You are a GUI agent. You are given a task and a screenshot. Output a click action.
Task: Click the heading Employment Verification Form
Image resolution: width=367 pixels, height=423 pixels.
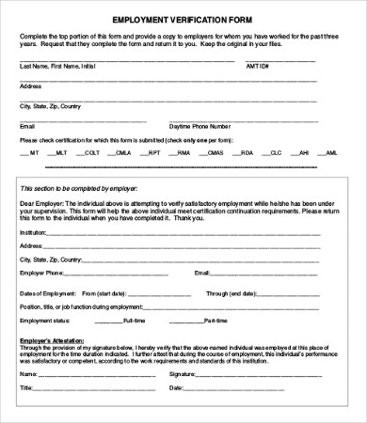point(183,19)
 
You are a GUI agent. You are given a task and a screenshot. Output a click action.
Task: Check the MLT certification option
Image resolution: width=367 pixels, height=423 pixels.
point(61,152)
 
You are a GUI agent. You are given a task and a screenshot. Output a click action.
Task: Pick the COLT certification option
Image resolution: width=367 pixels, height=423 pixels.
point(90,152)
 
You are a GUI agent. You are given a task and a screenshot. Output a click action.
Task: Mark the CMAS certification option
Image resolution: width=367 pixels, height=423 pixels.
point(215,152)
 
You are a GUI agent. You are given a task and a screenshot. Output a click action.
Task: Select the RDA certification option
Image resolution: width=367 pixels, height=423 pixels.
point(247,152)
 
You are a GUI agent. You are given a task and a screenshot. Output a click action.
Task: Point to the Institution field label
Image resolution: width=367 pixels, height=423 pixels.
point(32,232)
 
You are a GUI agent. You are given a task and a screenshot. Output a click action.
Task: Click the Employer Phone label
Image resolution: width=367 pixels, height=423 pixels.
point(42,273)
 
